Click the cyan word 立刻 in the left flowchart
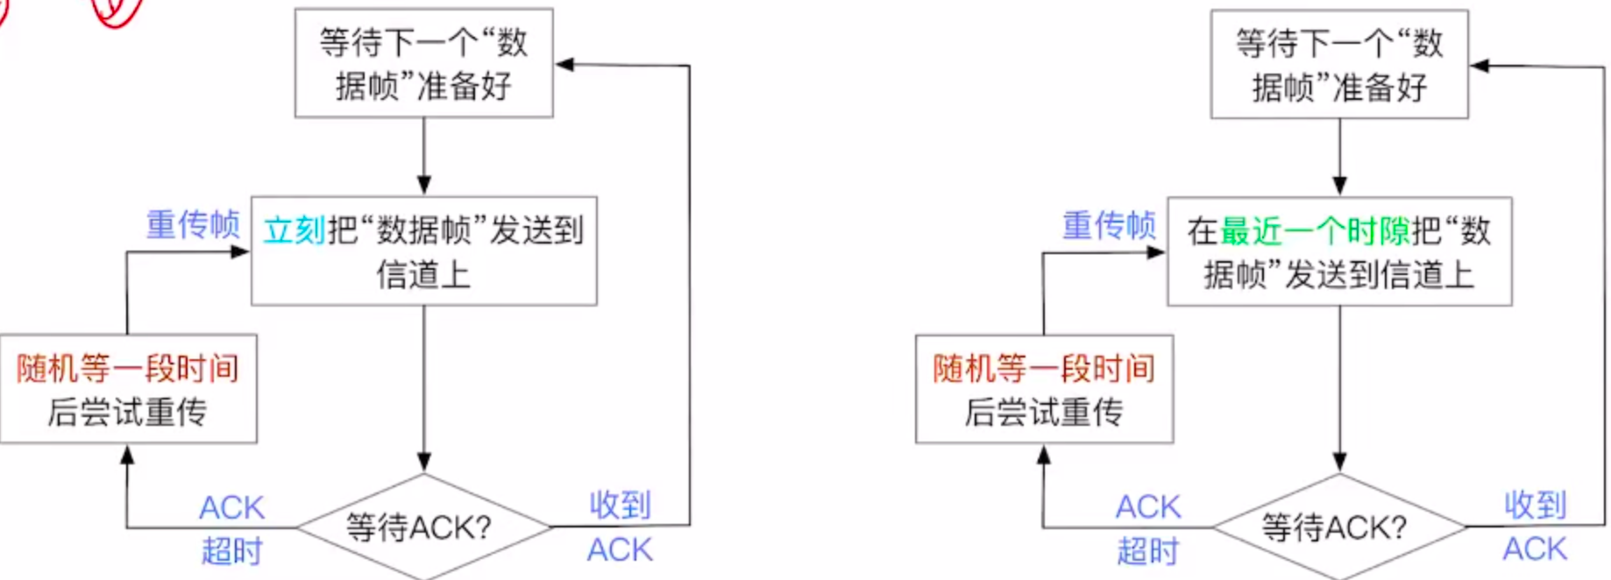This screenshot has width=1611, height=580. [295, 230]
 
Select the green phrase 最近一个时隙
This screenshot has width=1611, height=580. [1314, 231]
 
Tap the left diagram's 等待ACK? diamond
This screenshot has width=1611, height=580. [423, 527]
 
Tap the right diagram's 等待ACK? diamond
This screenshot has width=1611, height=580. [1338, 527]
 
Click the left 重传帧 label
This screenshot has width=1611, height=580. [193, 224]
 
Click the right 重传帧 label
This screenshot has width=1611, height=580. [1109, 225]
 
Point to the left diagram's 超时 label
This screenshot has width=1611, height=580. [231, 551]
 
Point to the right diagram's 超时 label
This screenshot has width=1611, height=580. [1147, 551]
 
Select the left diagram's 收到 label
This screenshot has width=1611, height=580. [620, 505]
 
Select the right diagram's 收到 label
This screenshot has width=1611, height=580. [1535, 505]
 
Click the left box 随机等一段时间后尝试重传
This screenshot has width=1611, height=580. [128, 388]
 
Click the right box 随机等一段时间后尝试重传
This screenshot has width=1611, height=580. [1044, 389]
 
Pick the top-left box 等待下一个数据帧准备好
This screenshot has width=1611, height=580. [423, 63]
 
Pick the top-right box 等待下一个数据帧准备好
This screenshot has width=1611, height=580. [1339, 64]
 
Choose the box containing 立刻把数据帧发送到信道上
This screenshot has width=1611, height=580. [423, 251]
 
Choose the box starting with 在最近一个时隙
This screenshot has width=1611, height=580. [1339, 251]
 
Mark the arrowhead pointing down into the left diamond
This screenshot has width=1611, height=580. [424, 462]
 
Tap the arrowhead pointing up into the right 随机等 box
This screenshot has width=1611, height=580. [1044, 455]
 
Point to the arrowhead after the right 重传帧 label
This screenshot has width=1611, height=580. [1156, 252]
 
